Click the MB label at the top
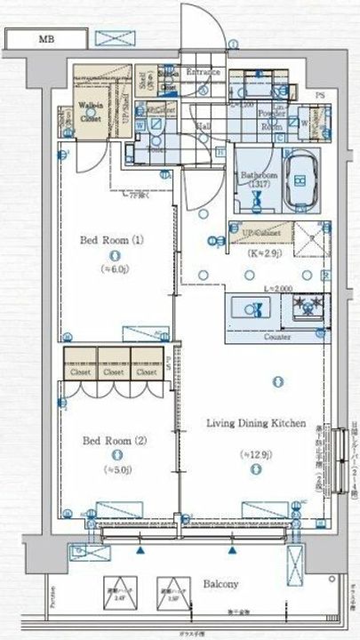coord(44,40)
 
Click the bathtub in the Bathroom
coord(300,180)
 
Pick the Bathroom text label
coord(257,175)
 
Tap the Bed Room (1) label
coord(116,241)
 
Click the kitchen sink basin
coord(253,308)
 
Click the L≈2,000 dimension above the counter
coord(260,289)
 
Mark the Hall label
coord(204,126)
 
